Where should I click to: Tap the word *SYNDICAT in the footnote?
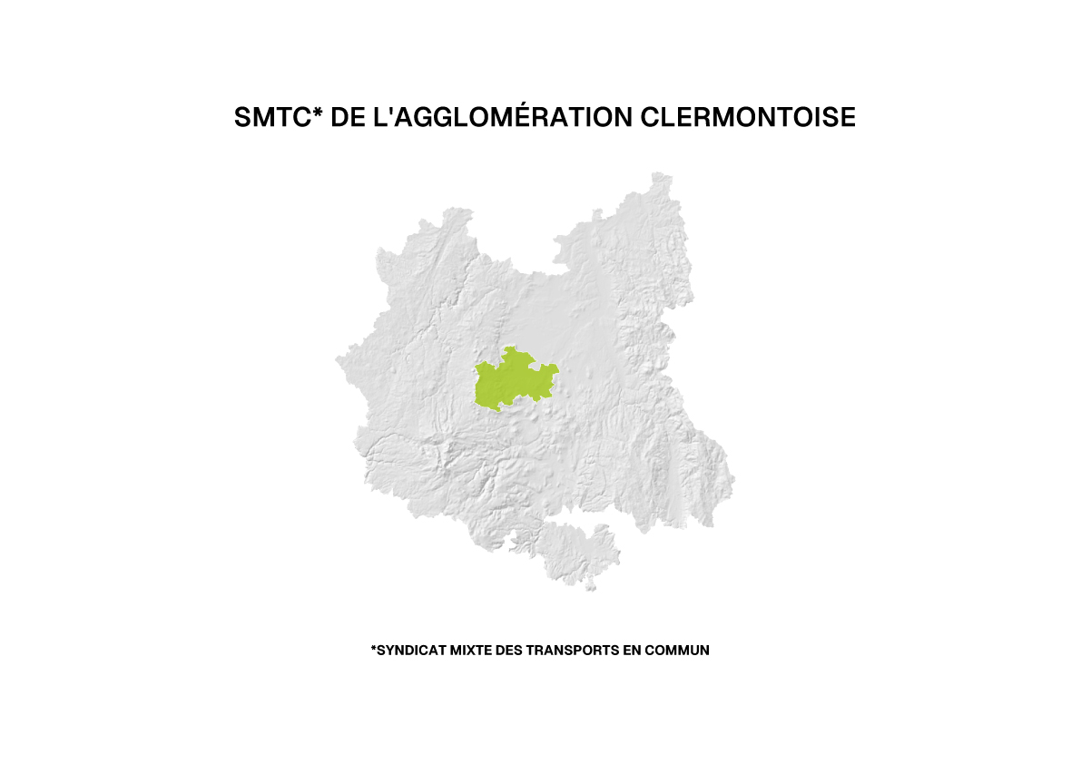[408, 651]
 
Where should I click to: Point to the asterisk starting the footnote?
[373, 649]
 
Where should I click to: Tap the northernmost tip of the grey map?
[661, 174]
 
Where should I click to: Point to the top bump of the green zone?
[514, 350]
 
